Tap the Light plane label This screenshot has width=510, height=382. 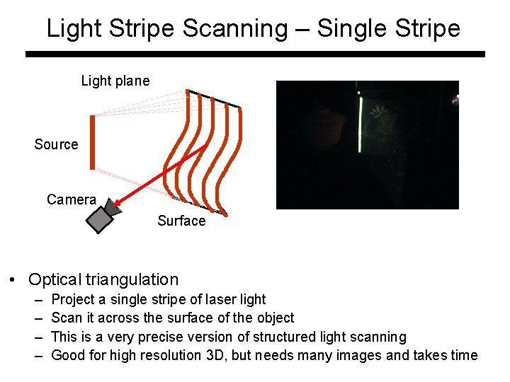click(115, 81)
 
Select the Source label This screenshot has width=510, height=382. click(56, 144)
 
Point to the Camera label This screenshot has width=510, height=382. click(71, 199)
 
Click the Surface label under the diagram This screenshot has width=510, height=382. click(181, 221)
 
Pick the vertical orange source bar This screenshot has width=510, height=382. click(92, 142)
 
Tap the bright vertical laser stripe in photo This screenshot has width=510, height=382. click(360, 125)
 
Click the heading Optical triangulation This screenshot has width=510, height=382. click(103, 279)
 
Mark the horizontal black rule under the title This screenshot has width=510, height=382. click(255, 54)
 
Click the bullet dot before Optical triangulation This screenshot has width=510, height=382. click(13, 280)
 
